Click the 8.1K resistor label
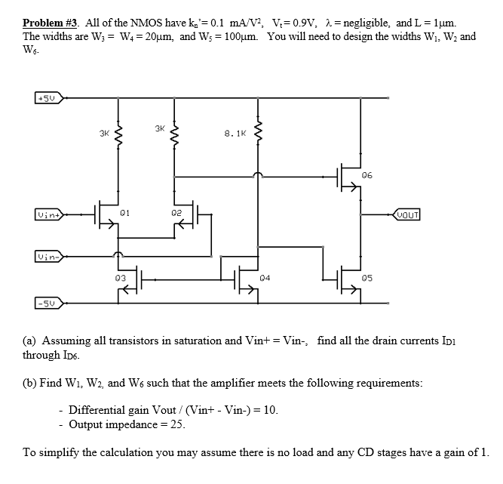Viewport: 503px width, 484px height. (x=235, y=134)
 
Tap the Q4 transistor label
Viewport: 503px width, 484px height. (x=264, y=278)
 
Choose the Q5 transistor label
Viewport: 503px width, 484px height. (x=367, y=278)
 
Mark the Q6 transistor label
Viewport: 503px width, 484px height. (x=367, y=174)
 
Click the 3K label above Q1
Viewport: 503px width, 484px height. (x=104, y=134)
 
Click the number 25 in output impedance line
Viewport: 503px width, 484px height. (x=177, y=424)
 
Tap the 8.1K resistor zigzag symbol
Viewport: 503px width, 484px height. (x=259, y=134)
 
